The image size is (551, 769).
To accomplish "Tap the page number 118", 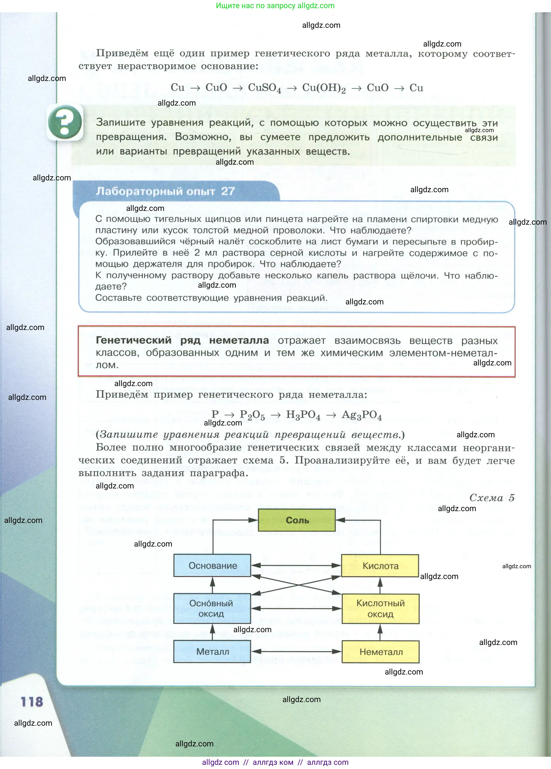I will pos(32,702).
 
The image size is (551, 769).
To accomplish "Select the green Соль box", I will pos(297,520).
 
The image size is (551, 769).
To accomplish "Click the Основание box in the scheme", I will pos(212,565).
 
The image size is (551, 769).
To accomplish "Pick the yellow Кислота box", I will pos(380,565).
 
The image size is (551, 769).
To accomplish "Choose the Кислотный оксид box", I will pos(380,609).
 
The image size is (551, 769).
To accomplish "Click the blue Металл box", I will pos(212,651).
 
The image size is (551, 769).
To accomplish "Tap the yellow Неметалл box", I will pos(381,652).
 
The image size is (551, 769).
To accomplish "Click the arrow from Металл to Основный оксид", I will pos(212,632).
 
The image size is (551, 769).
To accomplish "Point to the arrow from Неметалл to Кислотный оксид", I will pos(380,632).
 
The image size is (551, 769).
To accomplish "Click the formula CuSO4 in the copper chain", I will pos(265,88).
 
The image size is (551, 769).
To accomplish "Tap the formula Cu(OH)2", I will pos(324,88).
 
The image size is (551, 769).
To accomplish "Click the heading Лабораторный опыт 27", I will pos(165,191).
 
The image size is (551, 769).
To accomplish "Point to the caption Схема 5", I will pos(492,498).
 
